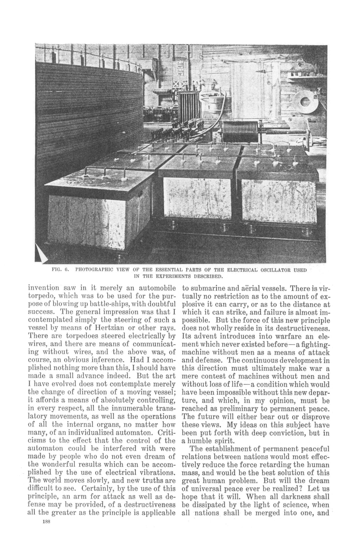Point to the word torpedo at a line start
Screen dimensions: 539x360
point(40,296)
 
